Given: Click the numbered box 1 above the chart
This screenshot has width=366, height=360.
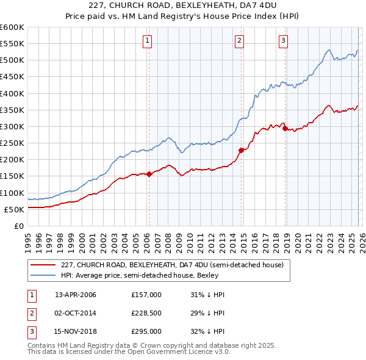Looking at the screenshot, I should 148,41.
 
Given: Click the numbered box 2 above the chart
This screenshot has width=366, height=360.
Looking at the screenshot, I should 240,41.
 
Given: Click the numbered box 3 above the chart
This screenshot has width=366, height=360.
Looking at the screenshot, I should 284,41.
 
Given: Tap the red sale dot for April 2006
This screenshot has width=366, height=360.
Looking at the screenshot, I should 149,174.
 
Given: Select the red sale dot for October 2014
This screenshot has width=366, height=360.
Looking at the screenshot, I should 241,150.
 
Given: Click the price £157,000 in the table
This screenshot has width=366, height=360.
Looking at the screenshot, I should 146,295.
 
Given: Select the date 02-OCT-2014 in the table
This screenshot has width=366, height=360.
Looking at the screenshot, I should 76,313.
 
